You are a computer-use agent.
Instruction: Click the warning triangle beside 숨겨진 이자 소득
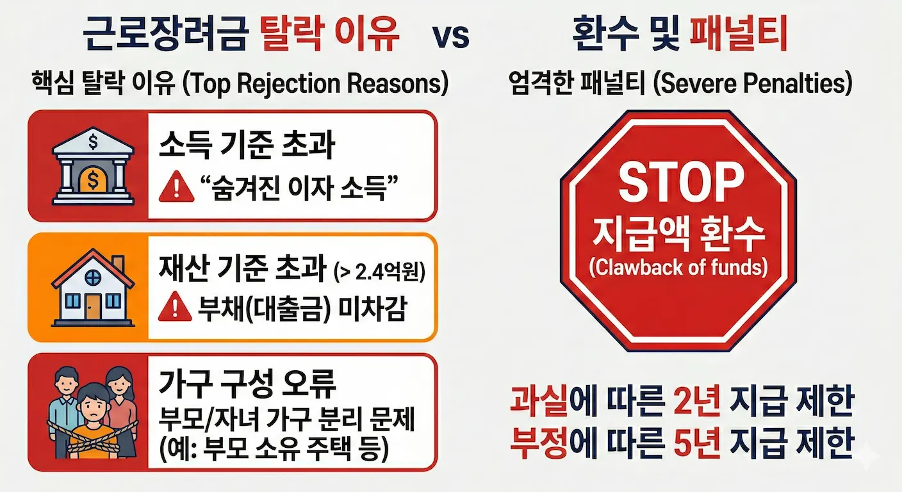(x=176, y=190)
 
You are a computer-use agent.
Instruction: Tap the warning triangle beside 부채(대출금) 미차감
(x=176, y=309)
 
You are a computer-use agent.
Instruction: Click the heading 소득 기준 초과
(x=247, y=146)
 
